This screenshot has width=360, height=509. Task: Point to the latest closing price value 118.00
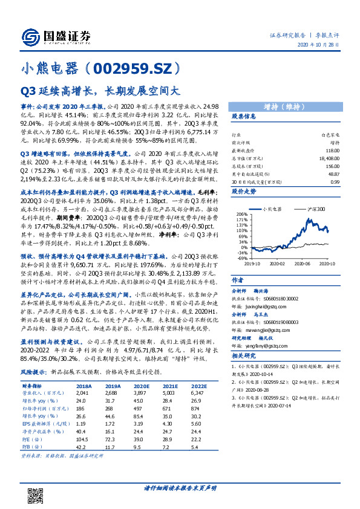[x=331, y=150]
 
